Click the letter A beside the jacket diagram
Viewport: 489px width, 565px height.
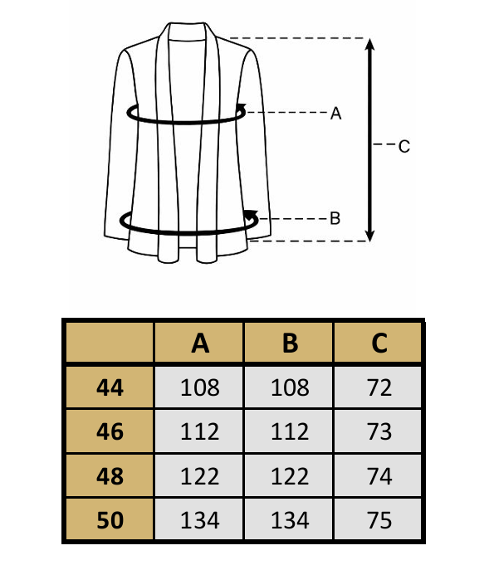(335, 113)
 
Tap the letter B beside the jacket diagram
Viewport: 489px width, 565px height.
(335, 218)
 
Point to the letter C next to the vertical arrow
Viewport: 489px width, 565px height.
(403, 146)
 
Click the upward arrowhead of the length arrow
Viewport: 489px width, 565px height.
(369, 44)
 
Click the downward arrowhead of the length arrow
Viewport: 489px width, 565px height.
(369, 235)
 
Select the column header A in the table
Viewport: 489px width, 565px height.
(200, 343)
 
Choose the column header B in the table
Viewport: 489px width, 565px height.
(290, 343)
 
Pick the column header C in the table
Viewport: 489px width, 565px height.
(379, 343)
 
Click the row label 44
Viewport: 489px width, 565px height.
(110, 387)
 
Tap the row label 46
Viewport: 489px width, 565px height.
(110, 431)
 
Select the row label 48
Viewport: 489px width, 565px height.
(110, 476)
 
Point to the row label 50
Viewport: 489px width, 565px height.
(110, 520)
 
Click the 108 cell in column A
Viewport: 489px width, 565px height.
(200, 387)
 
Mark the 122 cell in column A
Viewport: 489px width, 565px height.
(200, 476)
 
